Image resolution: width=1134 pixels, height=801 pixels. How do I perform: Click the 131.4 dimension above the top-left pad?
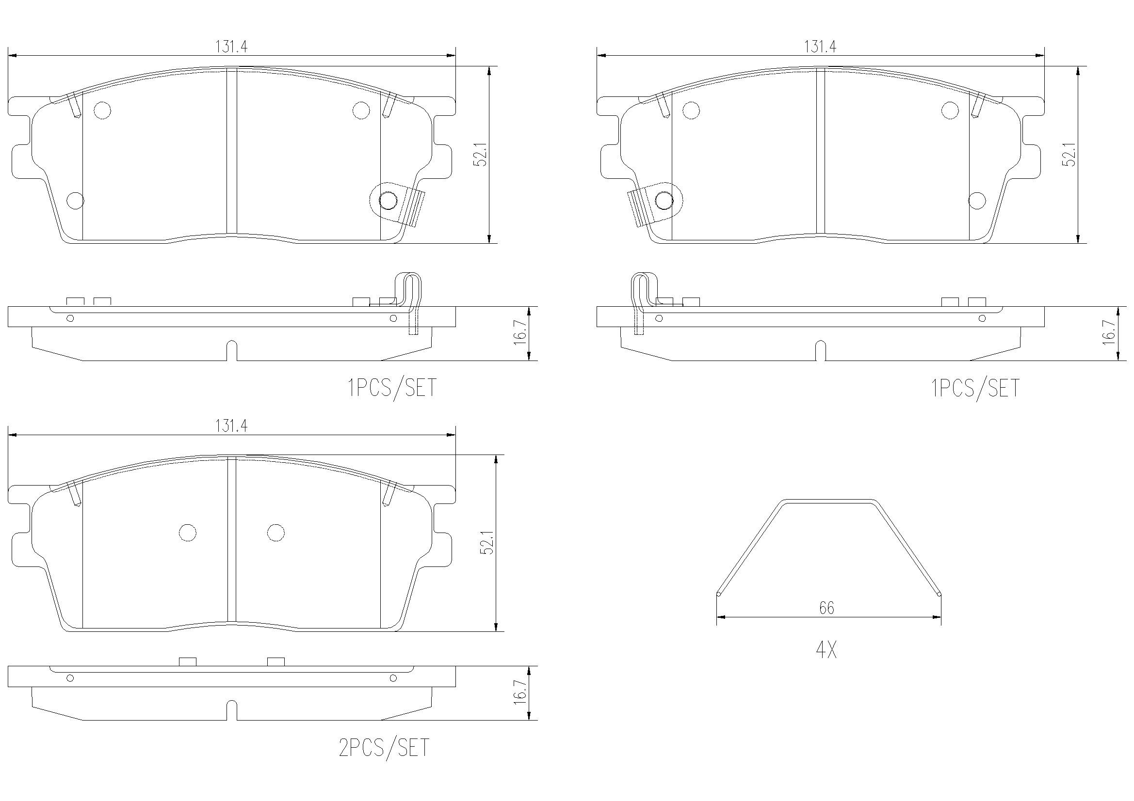click(231, 47)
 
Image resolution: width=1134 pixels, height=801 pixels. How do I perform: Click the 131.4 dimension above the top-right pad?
click(820, 47)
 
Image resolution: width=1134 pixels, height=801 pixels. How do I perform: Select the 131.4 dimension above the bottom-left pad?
click(231, 425)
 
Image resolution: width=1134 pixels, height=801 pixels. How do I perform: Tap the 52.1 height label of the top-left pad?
click(481, 155)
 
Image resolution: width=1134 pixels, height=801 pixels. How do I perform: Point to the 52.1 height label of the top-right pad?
click(1069, 155)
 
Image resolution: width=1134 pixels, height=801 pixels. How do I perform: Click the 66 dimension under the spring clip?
click(827, 608)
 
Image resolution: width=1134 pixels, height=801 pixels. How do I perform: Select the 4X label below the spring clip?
click(826, 650)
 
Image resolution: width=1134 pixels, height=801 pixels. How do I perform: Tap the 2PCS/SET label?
click(384, 748)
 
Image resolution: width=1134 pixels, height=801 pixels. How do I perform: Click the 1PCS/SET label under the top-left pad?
click(392, 388)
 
